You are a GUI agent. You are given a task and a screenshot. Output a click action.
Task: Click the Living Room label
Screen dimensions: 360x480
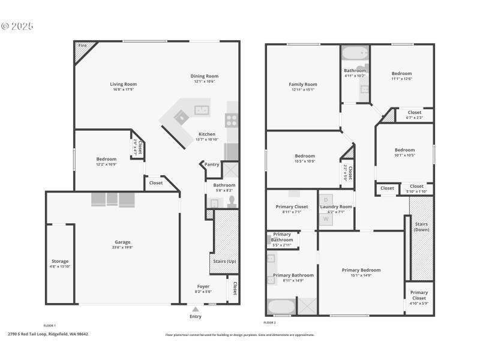[x=123, y=84]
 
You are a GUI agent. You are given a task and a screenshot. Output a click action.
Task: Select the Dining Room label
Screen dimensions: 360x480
[x=204, y=76]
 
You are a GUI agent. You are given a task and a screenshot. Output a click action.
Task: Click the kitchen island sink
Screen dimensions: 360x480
[x=202, y=110]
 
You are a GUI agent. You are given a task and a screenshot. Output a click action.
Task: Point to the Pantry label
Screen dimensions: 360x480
[x=212, y=164]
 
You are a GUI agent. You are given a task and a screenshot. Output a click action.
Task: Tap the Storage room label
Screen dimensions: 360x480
[x=60, y=261]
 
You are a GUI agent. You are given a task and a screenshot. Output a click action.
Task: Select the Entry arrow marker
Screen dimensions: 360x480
[x=196, y=310]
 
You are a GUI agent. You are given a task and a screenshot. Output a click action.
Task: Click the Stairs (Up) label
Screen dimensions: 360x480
[x=224, y=261]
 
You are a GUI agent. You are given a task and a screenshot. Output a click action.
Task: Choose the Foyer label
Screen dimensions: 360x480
[x=203, y=286]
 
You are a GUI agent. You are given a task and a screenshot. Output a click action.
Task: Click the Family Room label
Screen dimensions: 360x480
[x=302, y=85]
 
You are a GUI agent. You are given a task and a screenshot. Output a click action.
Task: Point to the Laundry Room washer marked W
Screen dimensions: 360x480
[x=326, y=219]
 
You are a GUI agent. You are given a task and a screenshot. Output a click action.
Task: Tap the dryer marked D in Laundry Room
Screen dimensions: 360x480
[x=326, y=199]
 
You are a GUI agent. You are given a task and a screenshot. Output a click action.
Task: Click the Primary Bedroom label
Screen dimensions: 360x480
[x=361, y=270]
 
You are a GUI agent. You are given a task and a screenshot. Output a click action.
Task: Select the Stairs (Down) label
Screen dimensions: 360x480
[x=421, y=227]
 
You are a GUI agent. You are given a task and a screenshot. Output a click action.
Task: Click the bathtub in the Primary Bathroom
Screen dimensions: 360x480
[x=281, y=307]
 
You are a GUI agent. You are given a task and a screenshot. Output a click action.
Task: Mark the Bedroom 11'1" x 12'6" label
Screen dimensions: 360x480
[x=401, y=73]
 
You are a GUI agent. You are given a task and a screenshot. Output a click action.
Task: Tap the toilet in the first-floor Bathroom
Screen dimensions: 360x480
[x=232, y=200]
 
